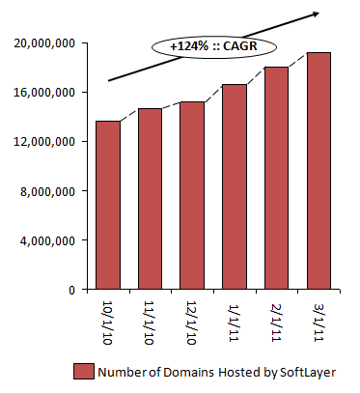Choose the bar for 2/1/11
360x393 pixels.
276,178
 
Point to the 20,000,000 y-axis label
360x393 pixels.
44,43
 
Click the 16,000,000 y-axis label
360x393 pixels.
44,93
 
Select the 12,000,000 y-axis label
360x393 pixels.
44,142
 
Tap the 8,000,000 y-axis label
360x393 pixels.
48,191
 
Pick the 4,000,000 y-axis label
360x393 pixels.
48,240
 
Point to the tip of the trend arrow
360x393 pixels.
320,12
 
